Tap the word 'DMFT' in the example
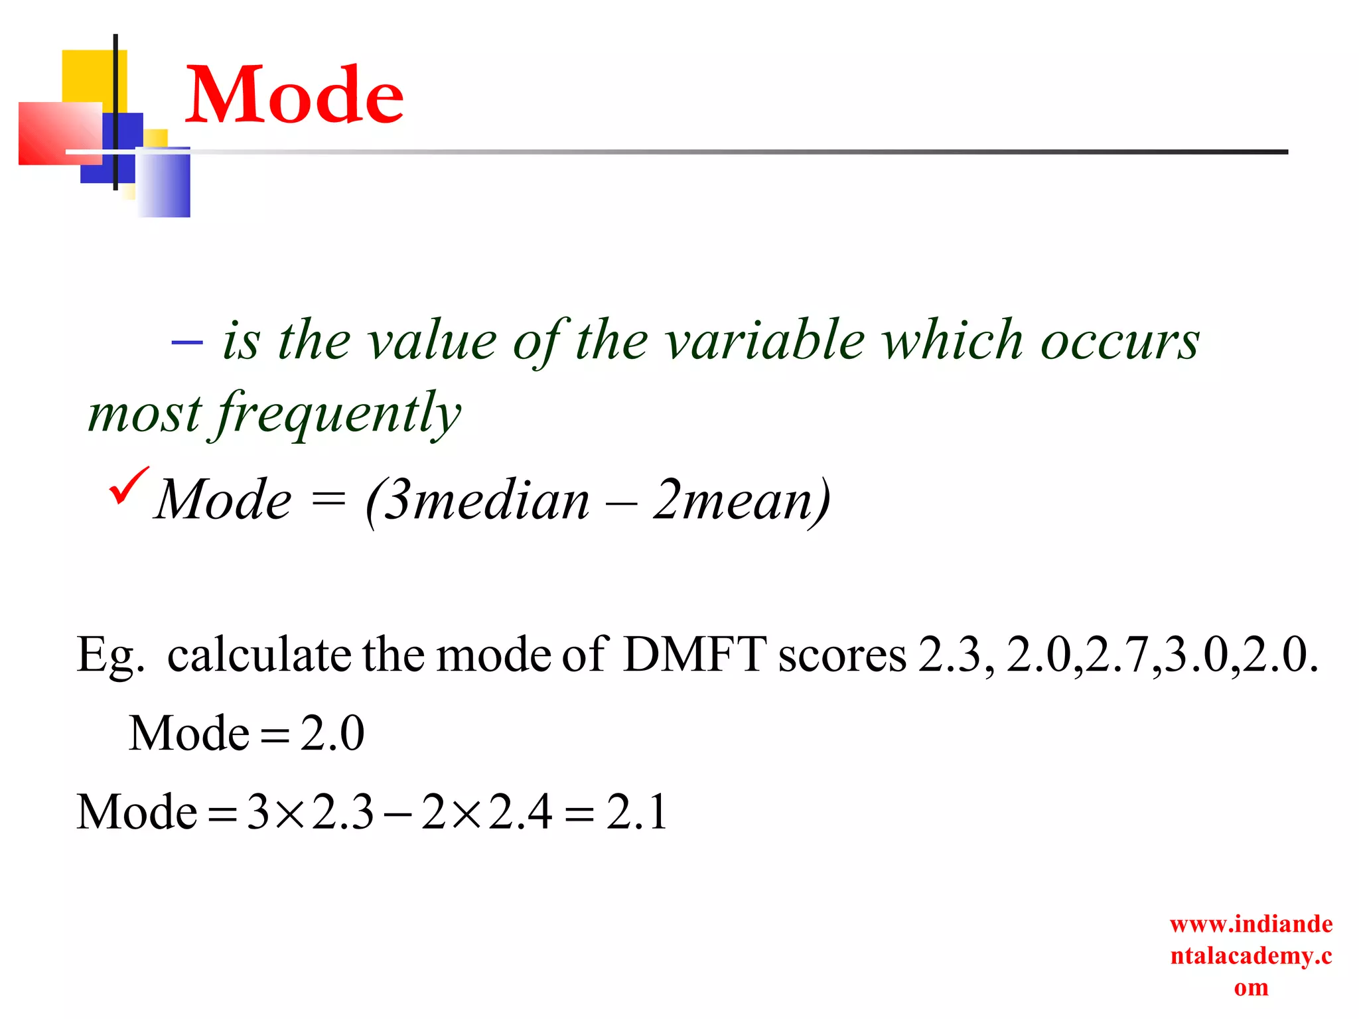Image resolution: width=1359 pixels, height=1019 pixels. tap(694, 654)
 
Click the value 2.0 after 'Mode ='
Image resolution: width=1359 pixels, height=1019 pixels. tap(332, 733)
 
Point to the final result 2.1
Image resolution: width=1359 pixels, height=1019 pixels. tap(636, 812)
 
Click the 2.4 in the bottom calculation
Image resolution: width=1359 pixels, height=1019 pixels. tap(520, 812)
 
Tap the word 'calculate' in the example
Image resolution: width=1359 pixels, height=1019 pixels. tap(259, 654)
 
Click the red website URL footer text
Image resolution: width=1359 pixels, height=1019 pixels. tap(1251, 955)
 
